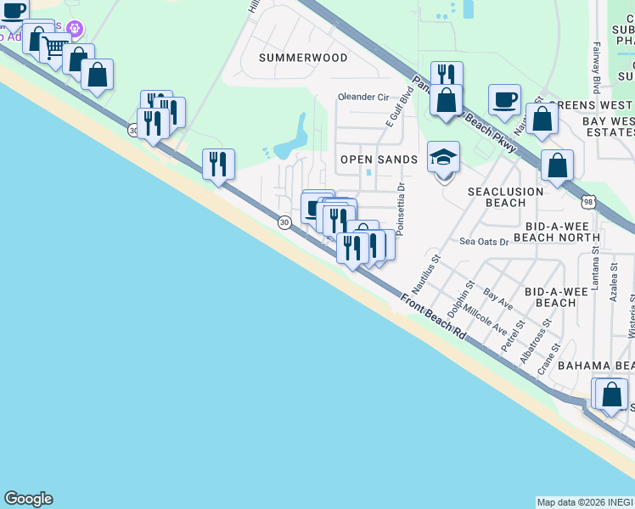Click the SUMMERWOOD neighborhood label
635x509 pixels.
pyautogui.click(x=303, y=58)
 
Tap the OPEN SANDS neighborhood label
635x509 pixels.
pyautogui.click(x=379, y=159)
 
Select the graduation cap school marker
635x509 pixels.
pyautogui.click(x=443, y=159)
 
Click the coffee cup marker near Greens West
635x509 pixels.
pyautogui.click(x=504, y=99)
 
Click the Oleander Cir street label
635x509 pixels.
pyautogui.click(x=362, y=97)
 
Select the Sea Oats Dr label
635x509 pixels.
pyautogui.click(x=483, y=242)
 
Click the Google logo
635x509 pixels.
pyautogui.click(x=28, y=499)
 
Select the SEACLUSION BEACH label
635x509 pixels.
pyautogui.click(x=505, y=198)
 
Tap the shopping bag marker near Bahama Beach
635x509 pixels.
pyautogui.click(x=611, y=394)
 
